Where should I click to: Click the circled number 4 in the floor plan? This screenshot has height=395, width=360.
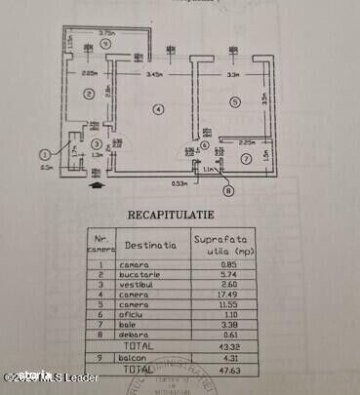pos(159,108)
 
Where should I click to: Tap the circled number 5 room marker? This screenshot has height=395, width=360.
pos(235,101)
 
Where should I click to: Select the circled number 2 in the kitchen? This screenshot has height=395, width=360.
pos(88,95)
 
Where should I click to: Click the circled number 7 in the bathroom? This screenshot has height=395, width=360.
pos(245,159)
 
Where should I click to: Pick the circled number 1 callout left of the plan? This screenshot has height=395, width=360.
pos(45,153)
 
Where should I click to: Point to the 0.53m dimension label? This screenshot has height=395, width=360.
pos(180,181)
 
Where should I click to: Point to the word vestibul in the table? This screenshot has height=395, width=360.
pos(136,286)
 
